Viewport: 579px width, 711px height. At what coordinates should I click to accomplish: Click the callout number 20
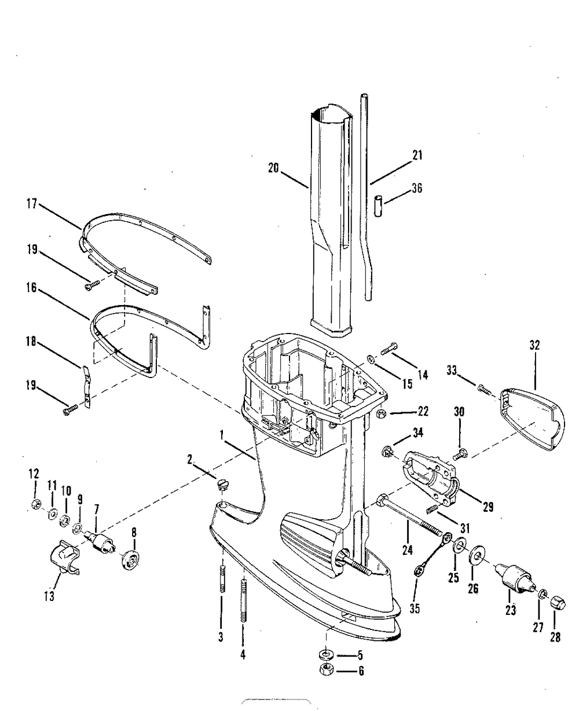273,168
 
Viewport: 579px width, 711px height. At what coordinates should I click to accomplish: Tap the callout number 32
534,346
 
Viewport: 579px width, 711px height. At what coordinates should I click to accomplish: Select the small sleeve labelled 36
378,206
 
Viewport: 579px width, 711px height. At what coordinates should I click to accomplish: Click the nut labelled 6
326,670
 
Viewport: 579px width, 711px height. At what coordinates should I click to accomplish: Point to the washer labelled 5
326,655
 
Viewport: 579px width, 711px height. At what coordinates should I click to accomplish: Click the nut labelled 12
35,504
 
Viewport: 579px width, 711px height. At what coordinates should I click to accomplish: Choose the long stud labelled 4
243,602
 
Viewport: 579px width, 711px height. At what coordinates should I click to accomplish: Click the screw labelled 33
483,389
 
